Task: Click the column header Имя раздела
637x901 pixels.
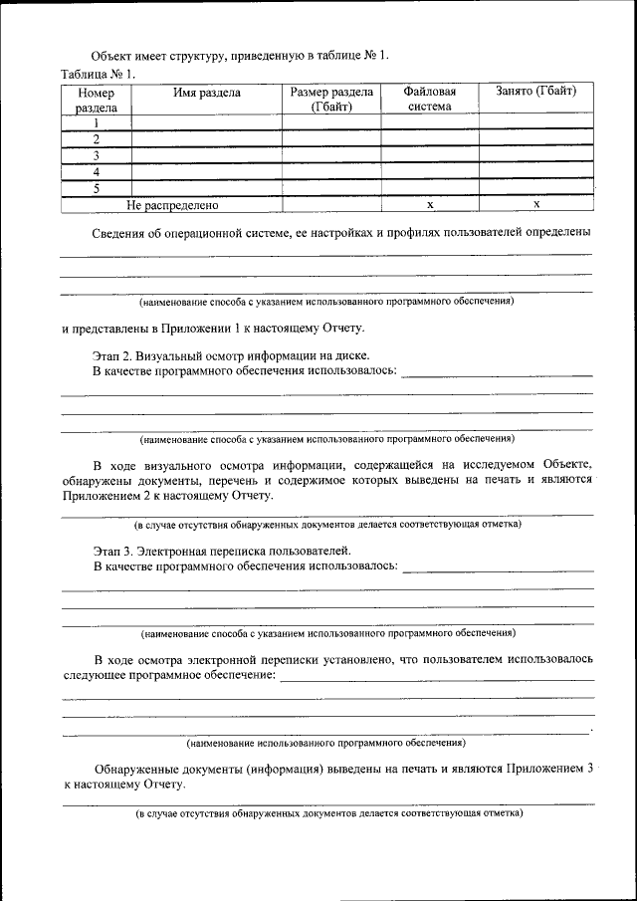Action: pos(206,93)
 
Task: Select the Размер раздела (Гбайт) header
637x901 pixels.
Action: pos(330,100)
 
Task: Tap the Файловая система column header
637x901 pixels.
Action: pos(430,100)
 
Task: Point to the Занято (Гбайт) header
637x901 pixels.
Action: pos(535,93)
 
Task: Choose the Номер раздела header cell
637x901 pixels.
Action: pos(97,100)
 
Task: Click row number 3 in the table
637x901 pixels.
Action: pos(97,155)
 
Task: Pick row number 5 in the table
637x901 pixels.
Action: pos(97,187)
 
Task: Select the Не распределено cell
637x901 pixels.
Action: pos(171,204)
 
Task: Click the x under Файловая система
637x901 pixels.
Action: pos(430,204)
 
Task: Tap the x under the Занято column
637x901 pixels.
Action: pos(535,204)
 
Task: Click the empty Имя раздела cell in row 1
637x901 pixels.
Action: pos(206,123)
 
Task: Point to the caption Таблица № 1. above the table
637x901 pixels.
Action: pos(98,74)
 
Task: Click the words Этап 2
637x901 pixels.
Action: pos(111,355)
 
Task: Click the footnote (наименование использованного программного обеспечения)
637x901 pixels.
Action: pos(325,743)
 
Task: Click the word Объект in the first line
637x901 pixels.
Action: pos(113,55)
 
